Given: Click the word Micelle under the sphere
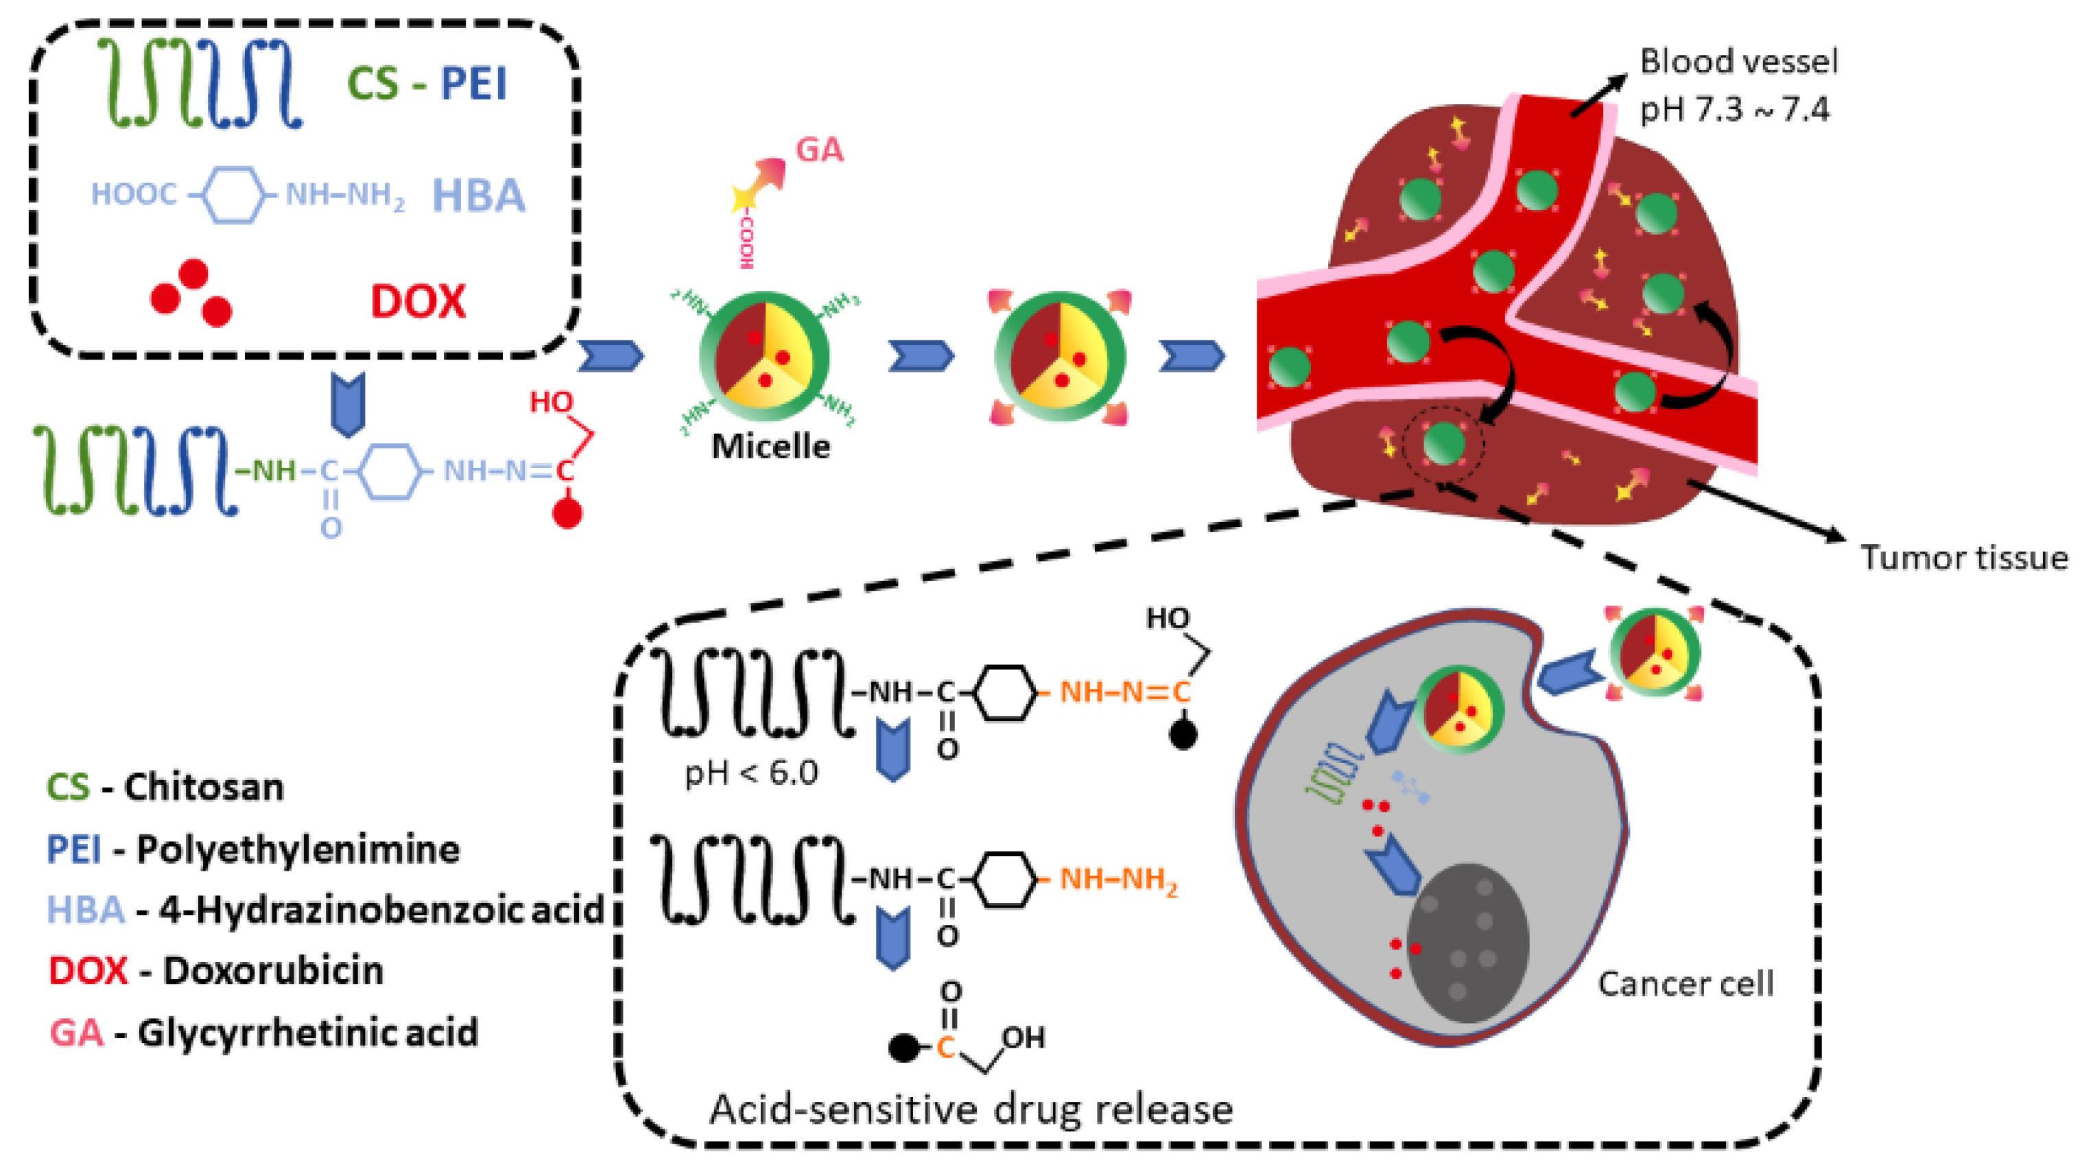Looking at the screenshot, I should point(770,446).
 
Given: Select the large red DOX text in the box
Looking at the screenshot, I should point(418,301).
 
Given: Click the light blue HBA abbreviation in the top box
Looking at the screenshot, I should point(478,196).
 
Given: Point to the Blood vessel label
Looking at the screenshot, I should point(1738,62).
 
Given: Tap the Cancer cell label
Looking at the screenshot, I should point(1685,984).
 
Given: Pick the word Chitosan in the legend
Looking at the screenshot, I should point(204,787).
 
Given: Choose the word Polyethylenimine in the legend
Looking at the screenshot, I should point(298,849).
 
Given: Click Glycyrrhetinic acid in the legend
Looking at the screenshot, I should point(308,1033).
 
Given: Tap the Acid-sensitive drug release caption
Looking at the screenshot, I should point(971,1109).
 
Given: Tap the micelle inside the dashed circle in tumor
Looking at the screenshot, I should point(1443,444).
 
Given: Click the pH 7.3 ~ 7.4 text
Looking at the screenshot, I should point(1734,109).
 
